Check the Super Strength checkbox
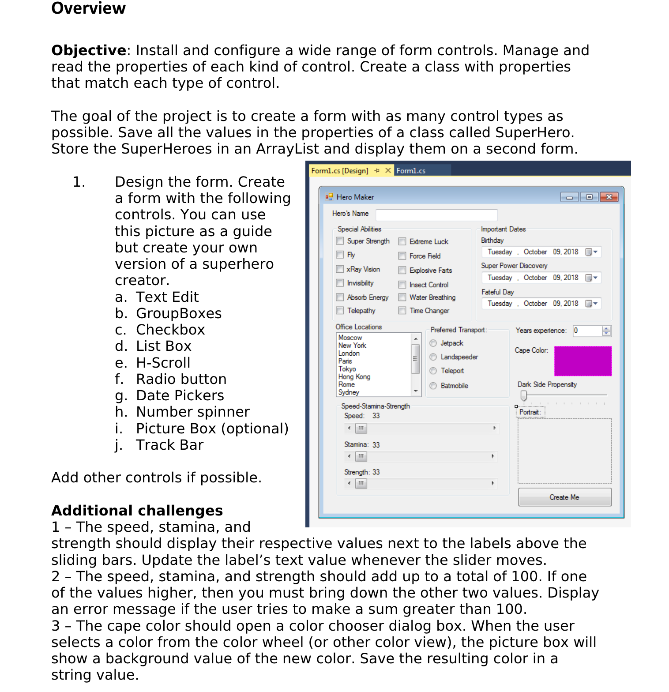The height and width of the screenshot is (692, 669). [340, 241]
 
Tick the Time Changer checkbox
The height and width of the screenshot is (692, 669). [402, 311]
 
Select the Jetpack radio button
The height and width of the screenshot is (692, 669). [433, 343]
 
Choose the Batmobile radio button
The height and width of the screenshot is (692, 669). [433, 386]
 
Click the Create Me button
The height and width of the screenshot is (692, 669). [564, 497]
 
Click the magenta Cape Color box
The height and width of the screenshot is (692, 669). [583, 361]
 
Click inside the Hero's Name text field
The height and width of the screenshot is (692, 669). [436, 215]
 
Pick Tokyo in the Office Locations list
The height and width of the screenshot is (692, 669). [347, 369]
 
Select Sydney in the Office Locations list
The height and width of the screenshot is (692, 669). [349, 392]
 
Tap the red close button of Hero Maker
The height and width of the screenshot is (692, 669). [609, 197]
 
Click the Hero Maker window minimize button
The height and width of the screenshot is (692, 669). [569, 197]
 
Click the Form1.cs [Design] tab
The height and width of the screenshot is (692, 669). [339, 171]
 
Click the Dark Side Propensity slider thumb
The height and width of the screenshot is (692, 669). [523, 395]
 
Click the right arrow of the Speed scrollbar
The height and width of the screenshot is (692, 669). [494, 428]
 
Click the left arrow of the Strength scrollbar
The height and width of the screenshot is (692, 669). [349, 483]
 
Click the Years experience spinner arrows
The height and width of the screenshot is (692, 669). [606, 331]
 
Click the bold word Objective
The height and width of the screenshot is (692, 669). [89, 50]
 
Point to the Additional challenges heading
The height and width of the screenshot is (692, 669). [137, 511]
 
